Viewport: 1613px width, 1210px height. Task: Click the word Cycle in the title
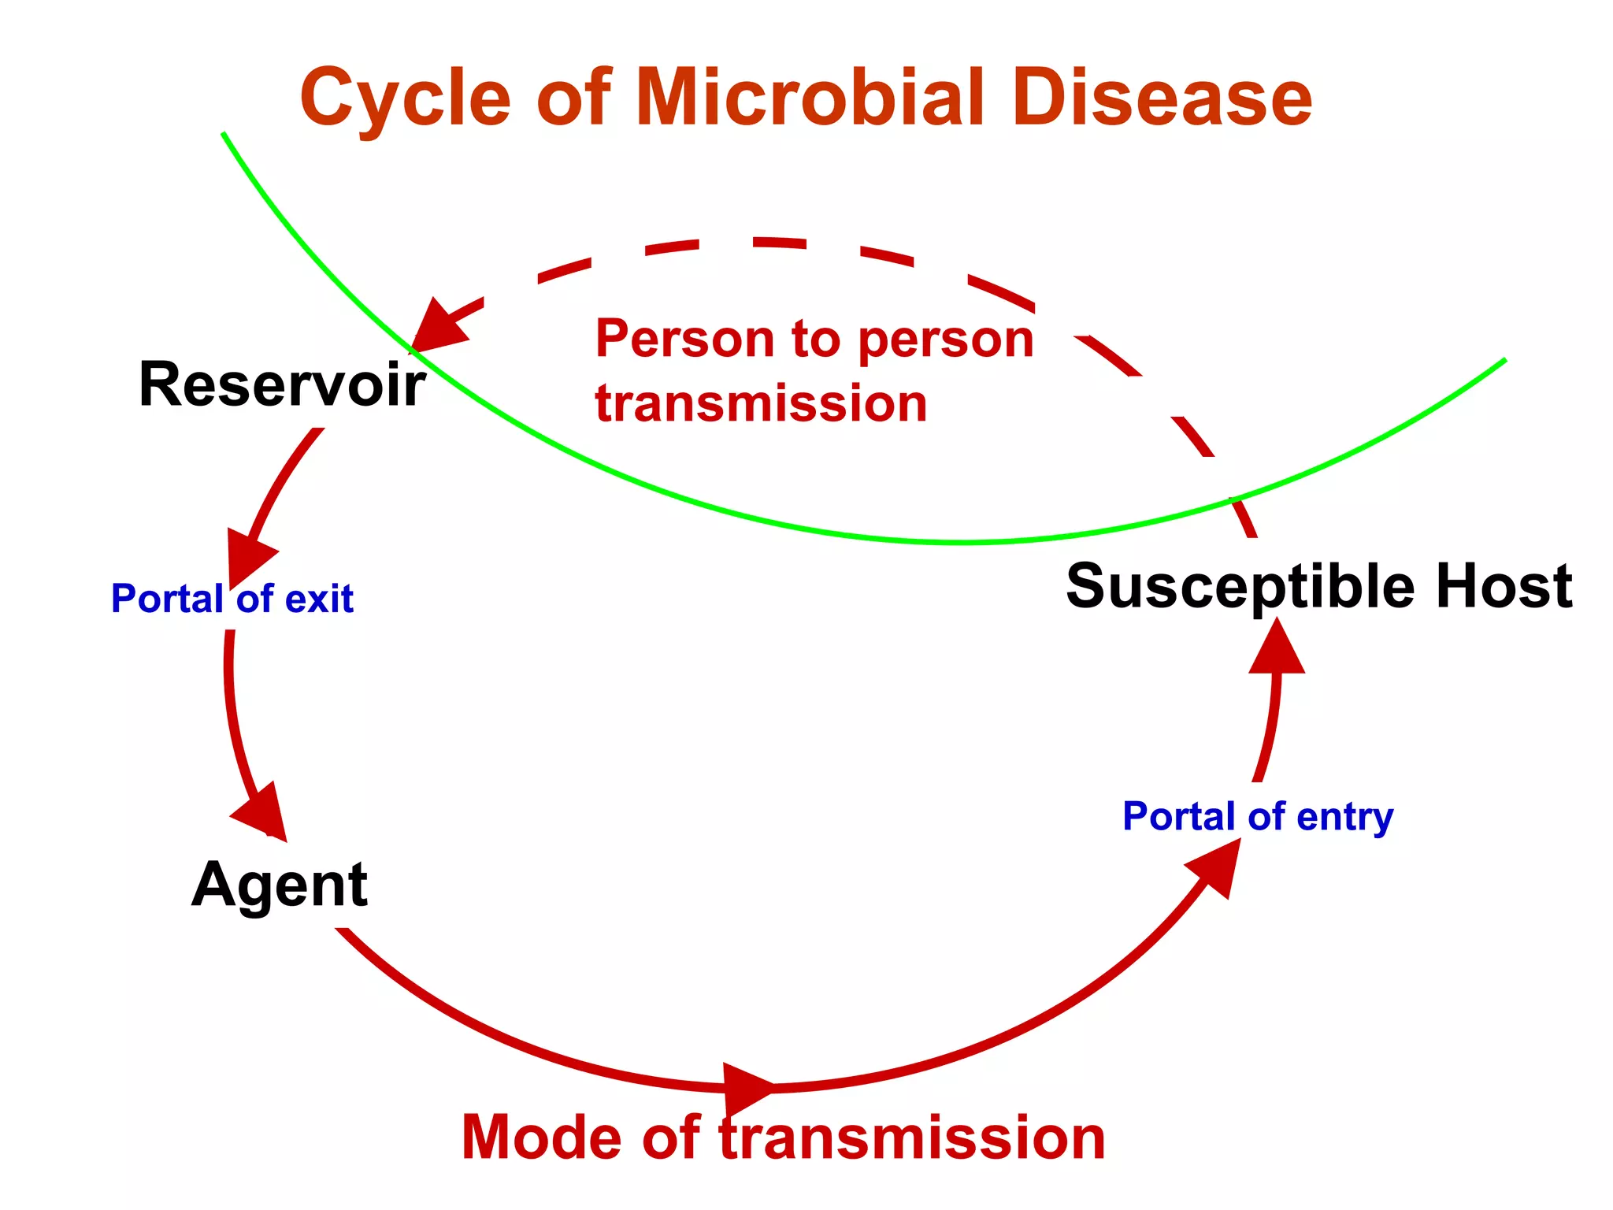coord(406,98)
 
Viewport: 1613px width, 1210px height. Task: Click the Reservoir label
coord(282,384)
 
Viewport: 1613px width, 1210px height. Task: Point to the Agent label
coord(280,885)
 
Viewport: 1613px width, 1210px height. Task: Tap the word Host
coord(1503,587)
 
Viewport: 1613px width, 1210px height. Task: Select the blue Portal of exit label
coord(232,599)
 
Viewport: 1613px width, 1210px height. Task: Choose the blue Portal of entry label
coord(1257,817)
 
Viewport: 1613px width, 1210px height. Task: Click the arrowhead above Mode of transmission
coord(747,1089)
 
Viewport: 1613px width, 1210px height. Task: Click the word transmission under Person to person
coord(761,403)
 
